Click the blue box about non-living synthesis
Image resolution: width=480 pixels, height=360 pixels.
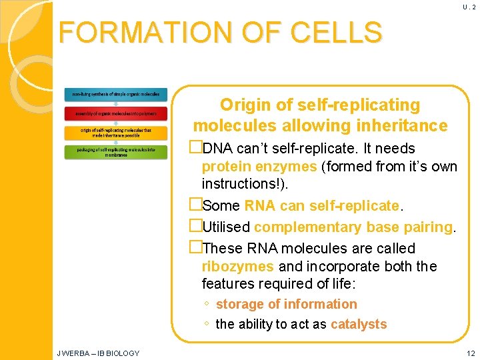116,95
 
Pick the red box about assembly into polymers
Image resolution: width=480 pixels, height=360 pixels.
116,113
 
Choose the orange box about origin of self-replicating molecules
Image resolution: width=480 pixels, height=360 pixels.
116,132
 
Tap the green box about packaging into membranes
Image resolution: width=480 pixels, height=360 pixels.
116,152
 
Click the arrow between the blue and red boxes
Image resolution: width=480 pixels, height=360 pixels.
116,104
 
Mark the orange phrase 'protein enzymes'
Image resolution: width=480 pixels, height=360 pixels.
259,166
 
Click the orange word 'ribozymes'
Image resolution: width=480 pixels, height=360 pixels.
237,266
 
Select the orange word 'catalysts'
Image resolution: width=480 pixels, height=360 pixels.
359,325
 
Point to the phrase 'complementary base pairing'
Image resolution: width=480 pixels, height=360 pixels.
353,227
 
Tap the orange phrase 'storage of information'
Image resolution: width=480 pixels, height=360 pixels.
287,304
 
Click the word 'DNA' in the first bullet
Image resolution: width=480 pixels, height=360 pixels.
217,148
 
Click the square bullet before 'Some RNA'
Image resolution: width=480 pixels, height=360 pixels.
195,205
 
